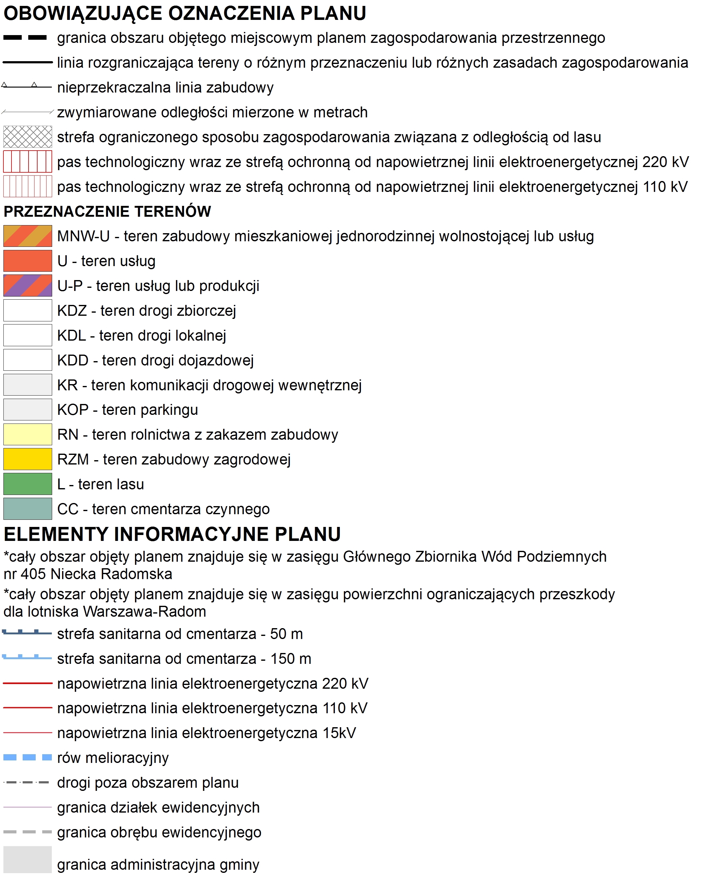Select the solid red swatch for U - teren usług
[x=27, y=261]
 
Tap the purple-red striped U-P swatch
[x=27, y=285]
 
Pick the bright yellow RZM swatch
[x=27, y=459]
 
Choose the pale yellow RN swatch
[x=27, y=434]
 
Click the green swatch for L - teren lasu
[x=27, y=484]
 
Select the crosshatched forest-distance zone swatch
[x=27, y=137]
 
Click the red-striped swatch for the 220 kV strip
[x=27, y=161]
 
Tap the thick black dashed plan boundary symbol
[x=25, y=38]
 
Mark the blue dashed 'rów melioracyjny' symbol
[x=27, y=757]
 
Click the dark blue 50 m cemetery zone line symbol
[x=27, y=633]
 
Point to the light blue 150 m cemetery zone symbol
[x=27, y=658]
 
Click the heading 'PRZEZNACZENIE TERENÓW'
[x=107, y=211]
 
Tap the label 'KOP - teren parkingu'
[x=128, y=410]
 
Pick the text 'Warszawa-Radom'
[x=145, y=611]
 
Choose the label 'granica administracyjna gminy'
[x=158, y=864]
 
